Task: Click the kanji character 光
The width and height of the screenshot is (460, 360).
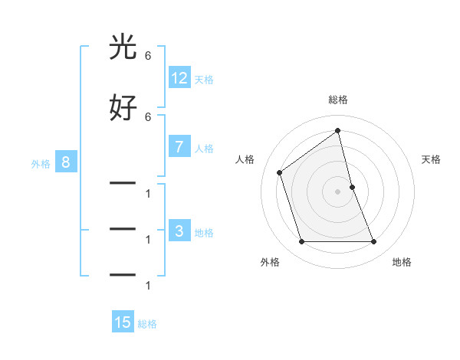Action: pyautogui.click(x=123, y=47)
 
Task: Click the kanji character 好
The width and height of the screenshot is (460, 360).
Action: pyautogui.click(x=123, y=108)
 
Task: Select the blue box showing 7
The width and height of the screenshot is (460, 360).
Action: pyautogui.click(x=179, y=147)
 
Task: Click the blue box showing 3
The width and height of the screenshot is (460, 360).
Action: pyautogui.click(x=179, y=231)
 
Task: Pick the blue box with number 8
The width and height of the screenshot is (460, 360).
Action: pyautogui.click(x=66, y=162)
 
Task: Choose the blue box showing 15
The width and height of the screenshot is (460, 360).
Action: pyautogui.click(x=123, y=322)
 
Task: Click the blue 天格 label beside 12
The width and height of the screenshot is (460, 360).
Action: pyautogui.click(x=204, y=79)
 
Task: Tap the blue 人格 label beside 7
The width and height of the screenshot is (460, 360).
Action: pyautogui.click(x=204, y=149)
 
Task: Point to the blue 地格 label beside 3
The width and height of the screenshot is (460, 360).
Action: pyautogui.click(x=204, y=233)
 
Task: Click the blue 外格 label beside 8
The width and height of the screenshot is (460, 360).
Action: pyautogui.click(x=41, y=164)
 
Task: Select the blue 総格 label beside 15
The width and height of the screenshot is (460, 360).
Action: pyautogui.click(x=147, y=324)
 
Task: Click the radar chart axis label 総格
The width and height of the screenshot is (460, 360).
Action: pyautogui.click(x=338, y=100)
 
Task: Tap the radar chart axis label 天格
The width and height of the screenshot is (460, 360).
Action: pyautogui.click(x=432, y=159)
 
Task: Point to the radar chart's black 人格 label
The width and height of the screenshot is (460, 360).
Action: pyautogui.click(x=245, y=159)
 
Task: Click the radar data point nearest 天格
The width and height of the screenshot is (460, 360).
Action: pyautogui.click(x=352, y=187)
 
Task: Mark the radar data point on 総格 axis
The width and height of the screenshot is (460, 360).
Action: pyautogui.click(x=338, y=131)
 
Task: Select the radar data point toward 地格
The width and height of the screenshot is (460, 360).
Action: pyautogui.click(x=374, y=242)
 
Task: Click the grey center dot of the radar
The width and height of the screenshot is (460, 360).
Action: pyautogui.click(x=338, y=191)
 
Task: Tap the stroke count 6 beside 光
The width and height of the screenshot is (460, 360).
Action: pyautogui.click(x=148, y=56)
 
